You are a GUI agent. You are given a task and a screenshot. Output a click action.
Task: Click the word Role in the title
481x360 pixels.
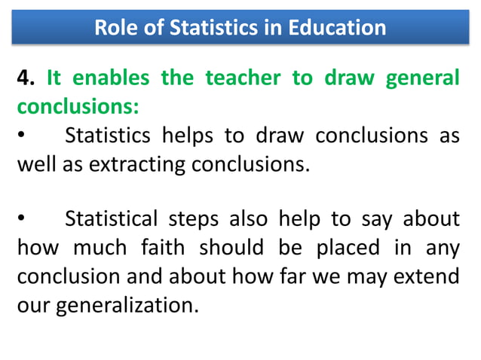tap(113, 29)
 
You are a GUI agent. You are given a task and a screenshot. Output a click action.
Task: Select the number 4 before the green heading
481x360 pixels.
tap(25, 79)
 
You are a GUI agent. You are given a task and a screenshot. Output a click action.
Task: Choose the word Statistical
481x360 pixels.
tap(112, 219)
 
